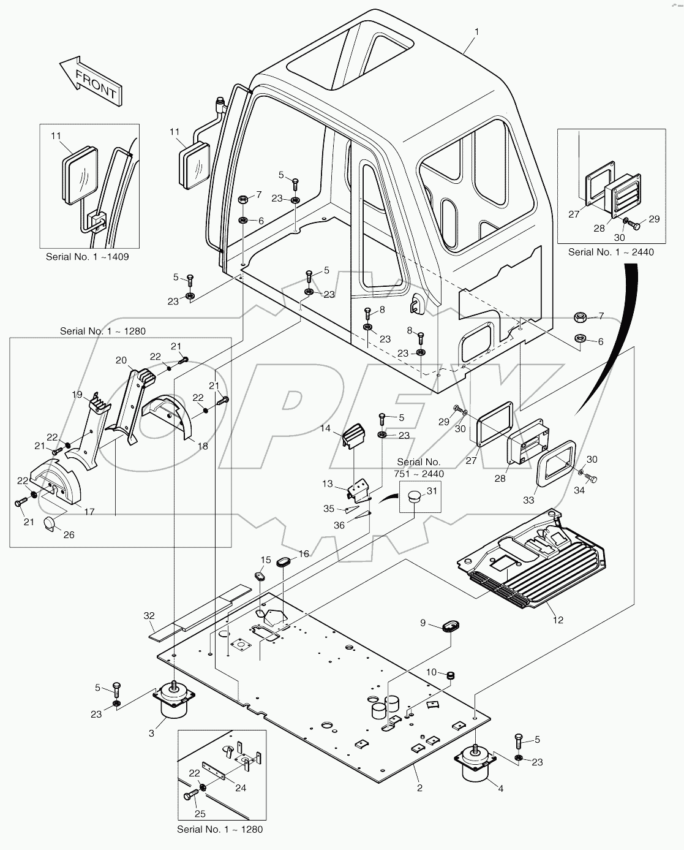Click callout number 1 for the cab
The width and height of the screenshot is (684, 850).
[x=476, y=32]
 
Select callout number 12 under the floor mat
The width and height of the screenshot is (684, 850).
[x=557, y=620]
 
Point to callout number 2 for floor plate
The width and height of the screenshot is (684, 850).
[x=419, y=787]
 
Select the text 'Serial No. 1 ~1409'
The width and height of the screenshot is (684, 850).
[x=88, y=257]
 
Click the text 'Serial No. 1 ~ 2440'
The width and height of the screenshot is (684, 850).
[x=602, y=252]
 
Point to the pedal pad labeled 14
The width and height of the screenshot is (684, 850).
[x=353, y=438]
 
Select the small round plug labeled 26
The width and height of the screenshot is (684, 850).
[x=50, y=525]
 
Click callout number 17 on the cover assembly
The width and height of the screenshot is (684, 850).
[x=89, y=511]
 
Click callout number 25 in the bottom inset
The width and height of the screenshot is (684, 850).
[x=200, y=814]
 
